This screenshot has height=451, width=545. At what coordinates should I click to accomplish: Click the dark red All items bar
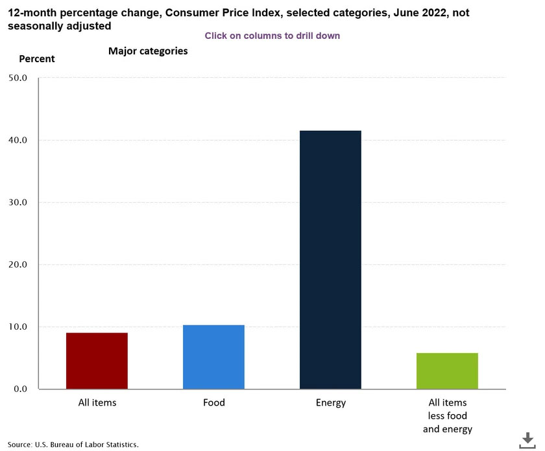point(97,360)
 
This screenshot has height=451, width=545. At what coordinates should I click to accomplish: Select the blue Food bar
point(213,356)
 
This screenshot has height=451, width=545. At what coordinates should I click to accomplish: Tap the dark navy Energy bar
point(330,259)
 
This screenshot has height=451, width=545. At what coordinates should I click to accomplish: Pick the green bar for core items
point(447,371)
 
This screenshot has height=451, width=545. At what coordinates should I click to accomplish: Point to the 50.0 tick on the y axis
point(19,78)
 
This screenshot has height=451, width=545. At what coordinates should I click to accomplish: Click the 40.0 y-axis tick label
point(19,140)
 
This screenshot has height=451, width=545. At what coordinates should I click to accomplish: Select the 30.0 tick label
point(19,202)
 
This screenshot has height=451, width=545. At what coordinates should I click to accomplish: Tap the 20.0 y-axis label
point(19,264)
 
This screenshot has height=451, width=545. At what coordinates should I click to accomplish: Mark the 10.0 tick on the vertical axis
point(19,327)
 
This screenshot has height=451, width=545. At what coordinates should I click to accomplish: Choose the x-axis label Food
point(213,403)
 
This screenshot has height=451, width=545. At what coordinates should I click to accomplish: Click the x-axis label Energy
point(331,403)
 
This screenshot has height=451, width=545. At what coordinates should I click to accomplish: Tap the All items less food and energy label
point(447,416)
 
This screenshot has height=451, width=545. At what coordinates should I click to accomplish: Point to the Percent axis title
point(37,59)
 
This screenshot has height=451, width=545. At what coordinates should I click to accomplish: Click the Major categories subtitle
point(148,51)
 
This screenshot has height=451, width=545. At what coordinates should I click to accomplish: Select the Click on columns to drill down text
point(272,36)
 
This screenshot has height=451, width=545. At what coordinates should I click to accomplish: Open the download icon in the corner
point(527,441)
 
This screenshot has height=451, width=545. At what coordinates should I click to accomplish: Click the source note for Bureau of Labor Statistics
point(73,445)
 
